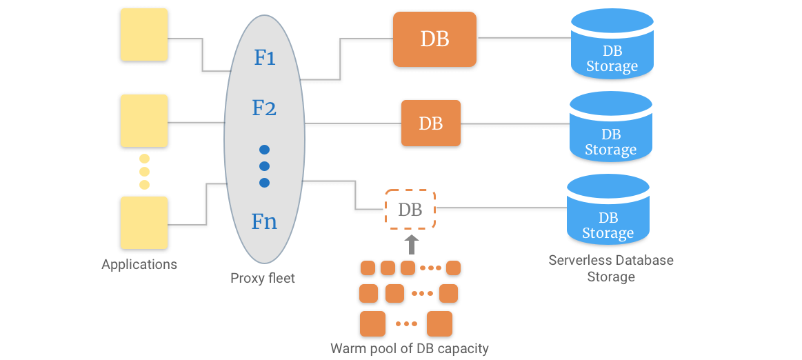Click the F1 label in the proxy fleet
click(265, 57)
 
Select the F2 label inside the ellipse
click(264, 108)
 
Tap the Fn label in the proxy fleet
click(264, 221)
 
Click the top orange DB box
click(434, 39)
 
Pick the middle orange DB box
click(431, 123)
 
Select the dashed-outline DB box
click(410, 210)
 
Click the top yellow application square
click(144, 34)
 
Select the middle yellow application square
click(144, 121)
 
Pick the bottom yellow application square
click(144, 223)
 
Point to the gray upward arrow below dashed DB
click(411, 244)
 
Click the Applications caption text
click(139, 265)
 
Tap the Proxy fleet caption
click(263, 279)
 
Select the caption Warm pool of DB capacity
click(409, 348)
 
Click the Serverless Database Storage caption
click(611, 268)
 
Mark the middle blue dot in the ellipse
click(264, 166)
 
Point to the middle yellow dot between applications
click(144, 172)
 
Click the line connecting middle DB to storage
click(514, 124)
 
